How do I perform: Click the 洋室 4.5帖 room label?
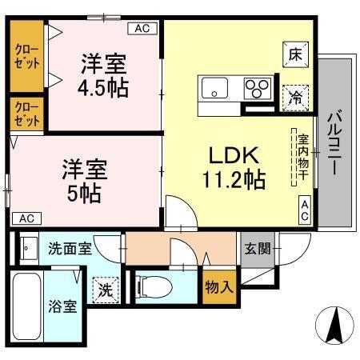click(102, 74)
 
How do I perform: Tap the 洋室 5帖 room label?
click(85, 181)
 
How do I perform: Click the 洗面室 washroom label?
click(68, 248)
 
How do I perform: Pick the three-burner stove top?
click(258, 86)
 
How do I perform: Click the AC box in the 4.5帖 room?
click(142, 28)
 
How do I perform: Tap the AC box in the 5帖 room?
click(25, 218)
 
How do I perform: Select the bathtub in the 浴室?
click(28, 308)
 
